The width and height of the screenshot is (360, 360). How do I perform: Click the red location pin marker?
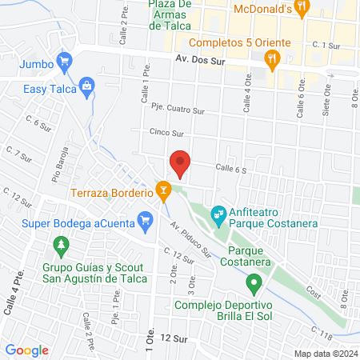point(181,163)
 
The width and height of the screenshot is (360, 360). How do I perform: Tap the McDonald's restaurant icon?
point(302,10)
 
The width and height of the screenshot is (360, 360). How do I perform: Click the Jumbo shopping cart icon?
point(66,61)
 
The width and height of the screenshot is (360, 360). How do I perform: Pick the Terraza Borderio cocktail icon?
point(164,190)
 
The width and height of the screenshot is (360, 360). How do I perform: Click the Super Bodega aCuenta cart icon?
point(146,218)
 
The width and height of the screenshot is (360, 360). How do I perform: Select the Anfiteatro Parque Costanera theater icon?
point(217,215)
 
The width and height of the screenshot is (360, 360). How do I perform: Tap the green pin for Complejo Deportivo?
point(254,282)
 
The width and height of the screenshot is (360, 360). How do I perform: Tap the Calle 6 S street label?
point(232,167)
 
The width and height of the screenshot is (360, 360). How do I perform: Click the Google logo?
point(27,350)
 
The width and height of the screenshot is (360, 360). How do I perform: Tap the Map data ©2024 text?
point(325,354)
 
